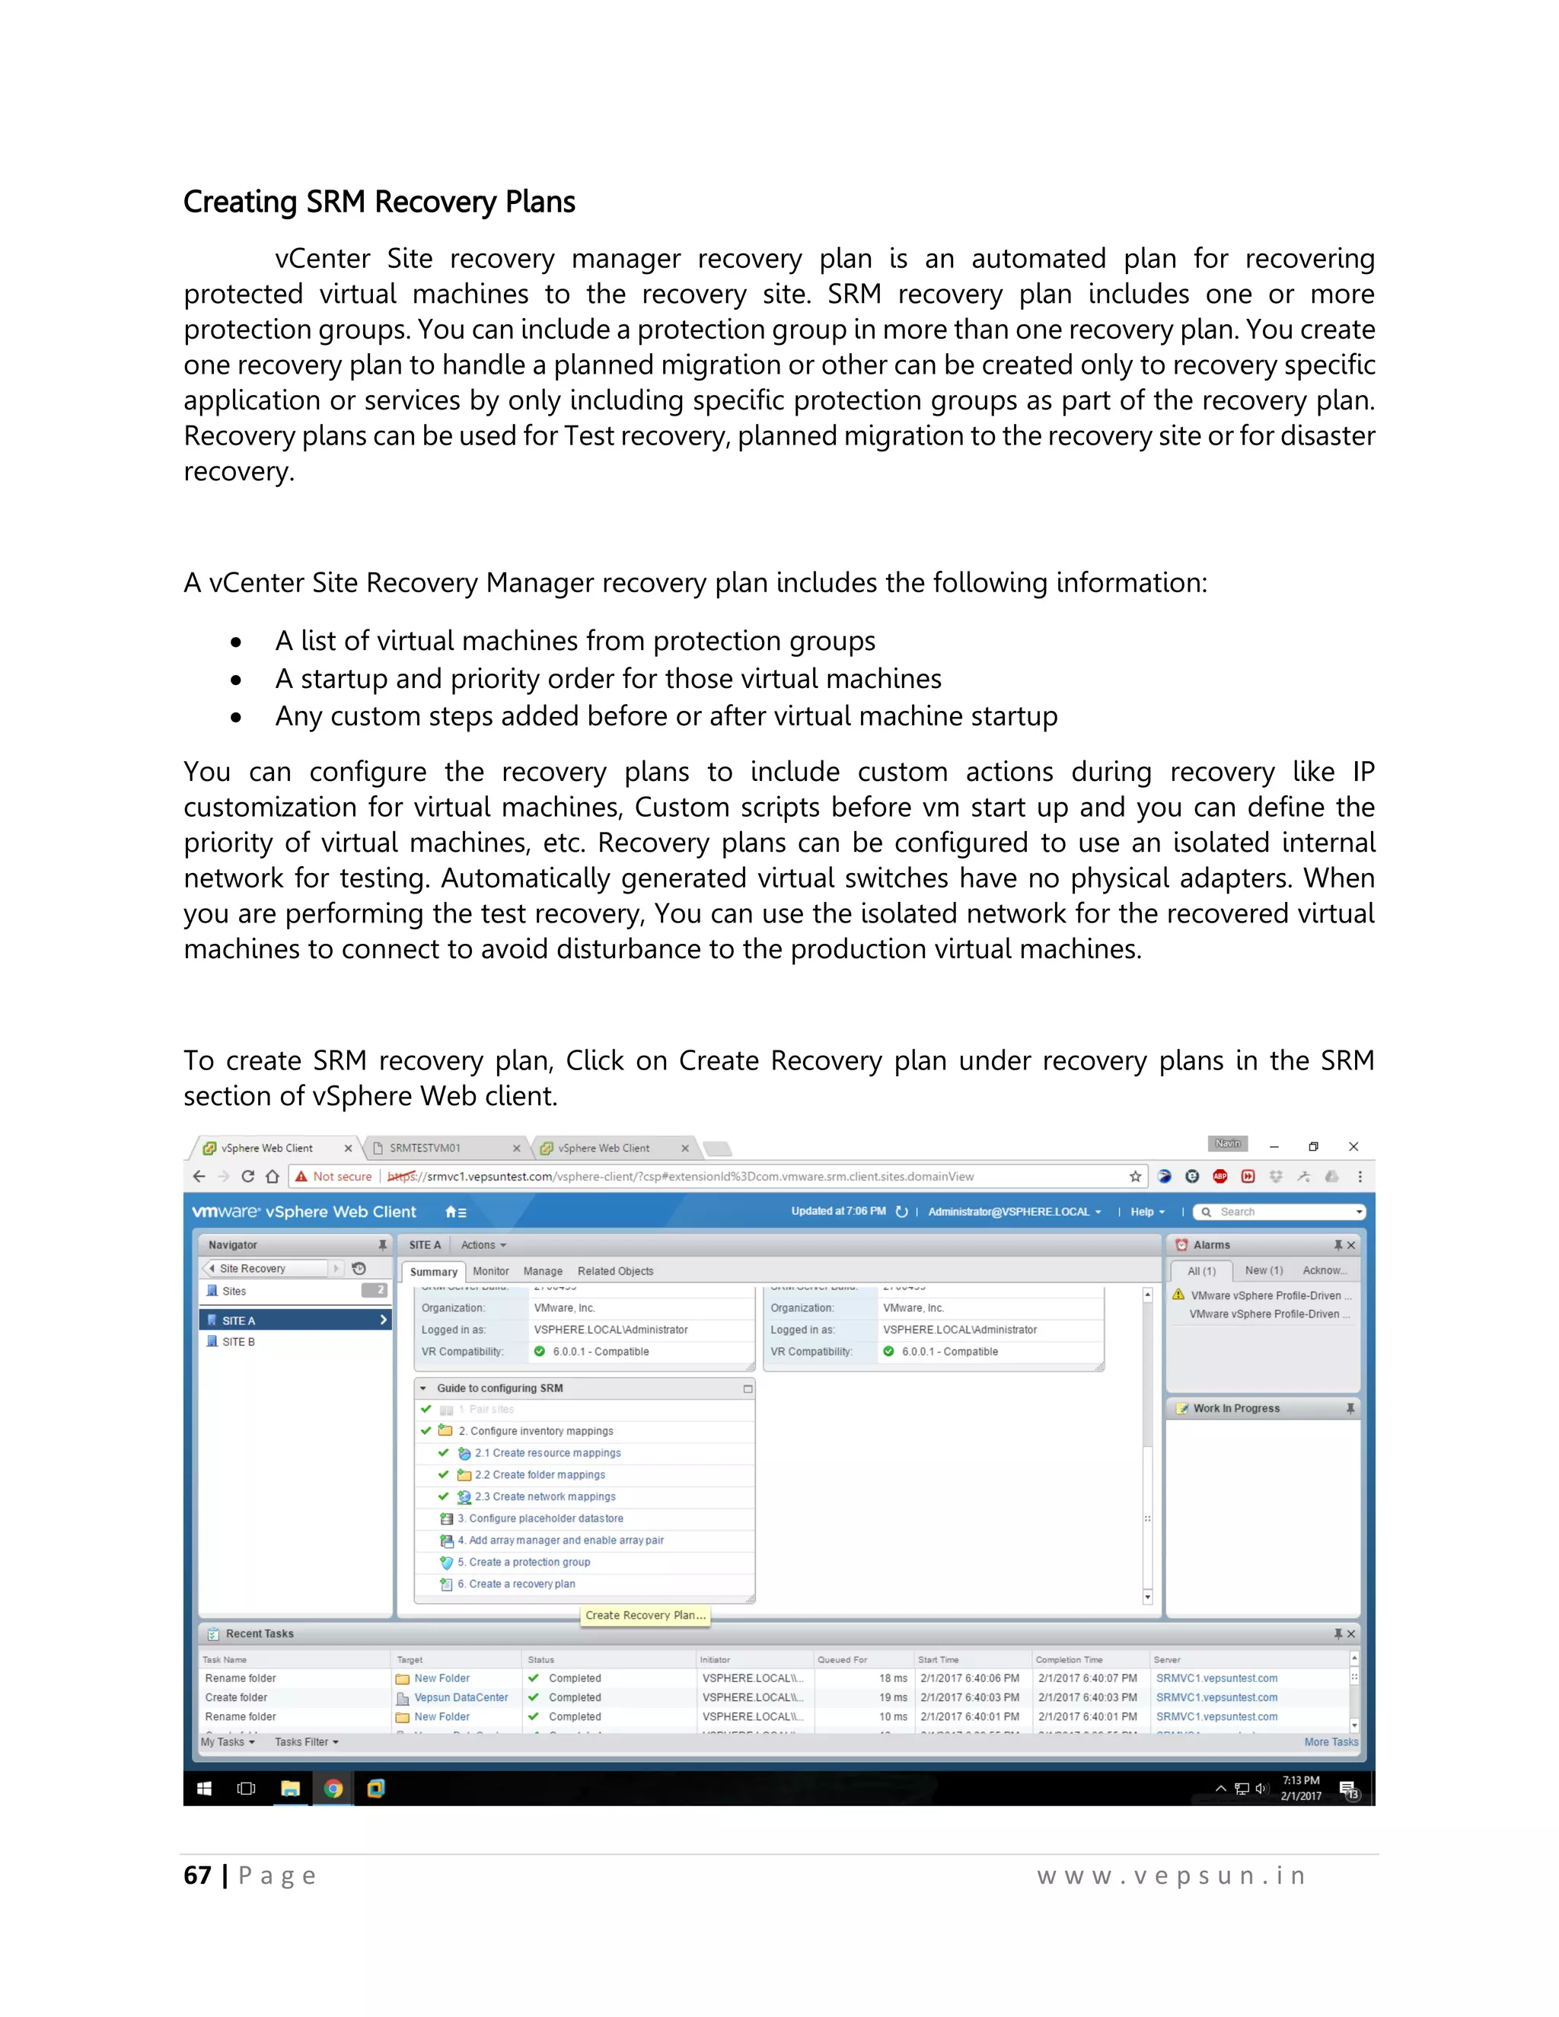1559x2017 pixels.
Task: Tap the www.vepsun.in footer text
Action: point(1170,1875)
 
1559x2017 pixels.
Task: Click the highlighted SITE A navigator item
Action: point(238,1320)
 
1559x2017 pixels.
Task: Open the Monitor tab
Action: point(490,1271)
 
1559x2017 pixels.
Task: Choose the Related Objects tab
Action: point(615,1271)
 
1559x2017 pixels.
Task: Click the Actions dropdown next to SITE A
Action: point(483,1245)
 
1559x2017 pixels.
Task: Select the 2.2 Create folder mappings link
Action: point(540,1474)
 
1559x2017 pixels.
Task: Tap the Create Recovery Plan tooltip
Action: point(645,1614)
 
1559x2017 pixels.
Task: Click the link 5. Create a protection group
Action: point(528,1562)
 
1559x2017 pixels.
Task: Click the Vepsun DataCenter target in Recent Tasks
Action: point(460,1697)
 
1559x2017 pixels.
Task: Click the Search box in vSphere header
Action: point(1279,1212)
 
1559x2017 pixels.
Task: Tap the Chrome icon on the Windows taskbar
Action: point(333,1788)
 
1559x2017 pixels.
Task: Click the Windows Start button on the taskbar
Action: point(204,1788)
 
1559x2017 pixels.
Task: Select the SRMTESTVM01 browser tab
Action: point(425,1148)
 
